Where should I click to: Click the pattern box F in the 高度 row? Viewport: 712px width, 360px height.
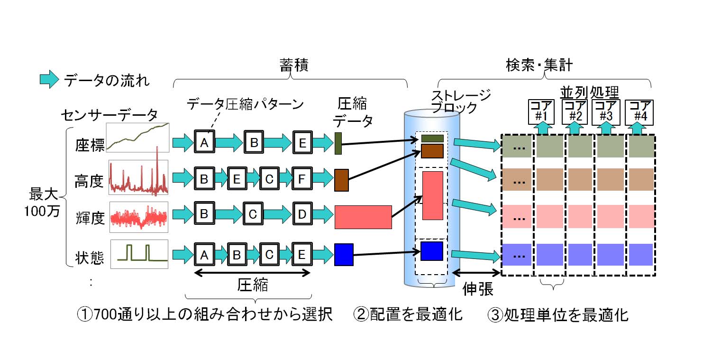click(x=301, y=179)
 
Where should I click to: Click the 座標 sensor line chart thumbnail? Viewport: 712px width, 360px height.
click(x=137, y=137)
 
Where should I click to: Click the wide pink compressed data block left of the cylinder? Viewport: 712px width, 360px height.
click(x=363, y=217)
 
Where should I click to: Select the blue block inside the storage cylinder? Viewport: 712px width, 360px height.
click(x=431, y=251)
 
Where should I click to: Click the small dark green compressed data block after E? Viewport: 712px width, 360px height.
click(x=338, y=143)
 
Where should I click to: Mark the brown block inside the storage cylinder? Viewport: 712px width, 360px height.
click(x=432, y=151)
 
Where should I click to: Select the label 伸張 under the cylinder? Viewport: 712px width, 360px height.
click(x=477, y=289)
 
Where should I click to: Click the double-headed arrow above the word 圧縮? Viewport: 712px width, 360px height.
click(x=253, y=273)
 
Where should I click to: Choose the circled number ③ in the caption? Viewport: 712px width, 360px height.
click(x=495, y=314)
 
